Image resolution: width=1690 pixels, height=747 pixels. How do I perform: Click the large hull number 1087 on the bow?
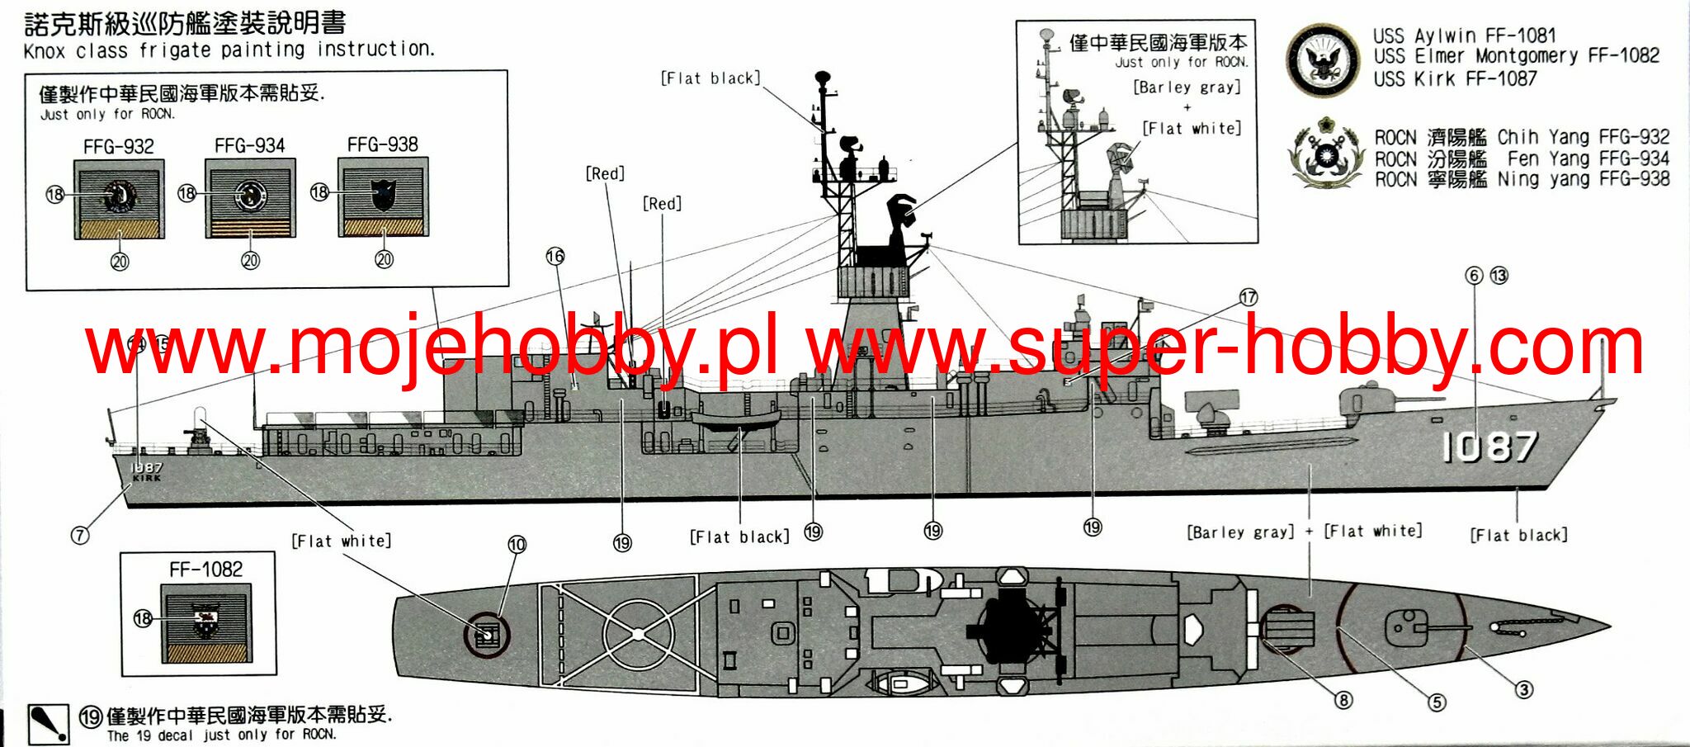pyautogui.click(x=1489, y=447)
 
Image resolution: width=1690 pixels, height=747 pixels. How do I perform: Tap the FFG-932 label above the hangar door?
pyautogui.click(x=119, y=147)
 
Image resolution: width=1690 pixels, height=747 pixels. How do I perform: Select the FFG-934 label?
pyautogui.click(x=249, y=146)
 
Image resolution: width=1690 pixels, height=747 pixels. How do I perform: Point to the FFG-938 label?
pyautogui.click(x=382, y=145)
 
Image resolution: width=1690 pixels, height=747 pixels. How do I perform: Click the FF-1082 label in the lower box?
pyautogui.click(x=205, y=570)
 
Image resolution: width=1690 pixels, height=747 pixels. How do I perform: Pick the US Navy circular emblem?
pyautogui.click(x=1324, y=59)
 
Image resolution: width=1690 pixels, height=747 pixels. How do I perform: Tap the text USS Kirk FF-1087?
pyautogui.click(x=1455, y=79)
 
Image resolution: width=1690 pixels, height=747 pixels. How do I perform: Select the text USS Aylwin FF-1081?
pyautogui.click(x=1464, y=35)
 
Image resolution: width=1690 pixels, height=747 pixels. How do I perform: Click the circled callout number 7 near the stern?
pyautogui.click(x=79, y=535)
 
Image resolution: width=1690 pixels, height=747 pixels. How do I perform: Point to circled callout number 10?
pyautogui.click(x=517, y=545)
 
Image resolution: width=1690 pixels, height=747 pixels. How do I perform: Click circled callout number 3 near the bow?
pyautogui.click(x=1523, y=689)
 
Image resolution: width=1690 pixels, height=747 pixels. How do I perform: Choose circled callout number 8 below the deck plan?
pyautogui.click(x=1343, y=700)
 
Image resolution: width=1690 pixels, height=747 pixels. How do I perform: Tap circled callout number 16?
pyautogui.click(x=555, y=257)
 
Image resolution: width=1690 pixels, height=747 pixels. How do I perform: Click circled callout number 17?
pyautogui.click(x=1248, y=297)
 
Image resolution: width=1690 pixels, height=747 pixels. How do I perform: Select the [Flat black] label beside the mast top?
pyautogui.click(x=710, y=78)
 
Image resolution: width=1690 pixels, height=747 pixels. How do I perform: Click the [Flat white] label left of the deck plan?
pyautogui.click(x=341, y=541)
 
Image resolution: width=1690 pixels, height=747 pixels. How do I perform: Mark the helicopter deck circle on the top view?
pyautogui.click(x=637, y=634)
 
